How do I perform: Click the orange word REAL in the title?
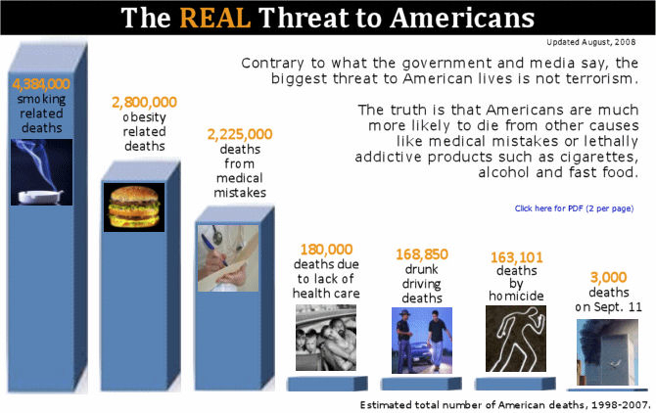click(x=215, y=18)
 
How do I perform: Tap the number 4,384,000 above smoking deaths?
click(x=41, y=84)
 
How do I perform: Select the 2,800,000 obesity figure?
click(x=144, y=102)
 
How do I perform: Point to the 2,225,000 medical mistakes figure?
click(x=240, y=134)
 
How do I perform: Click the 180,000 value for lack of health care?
click(x=326, y=250)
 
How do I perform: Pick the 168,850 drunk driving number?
click(x=422, y=254)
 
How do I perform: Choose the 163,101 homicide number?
click(x=517, y=257)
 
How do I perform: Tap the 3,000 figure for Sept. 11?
click(x=608, y=277)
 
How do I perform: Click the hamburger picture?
click(x=134, y=207)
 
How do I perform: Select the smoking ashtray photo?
click(x=41, y=172)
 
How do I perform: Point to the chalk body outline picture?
click(x=516, y=339)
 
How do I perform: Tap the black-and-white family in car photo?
click(x=326, y=338)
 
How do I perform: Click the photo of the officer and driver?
click(x=422, y=341)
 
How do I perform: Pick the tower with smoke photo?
click(x=607, y=352)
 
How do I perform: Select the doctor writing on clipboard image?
click(x=228, y=258)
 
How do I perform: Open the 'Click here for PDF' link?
click(x=574, y=208)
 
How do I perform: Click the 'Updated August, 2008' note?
click(x=591, y=42)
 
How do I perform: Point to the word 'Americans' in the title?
click(x=462, y=18)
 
